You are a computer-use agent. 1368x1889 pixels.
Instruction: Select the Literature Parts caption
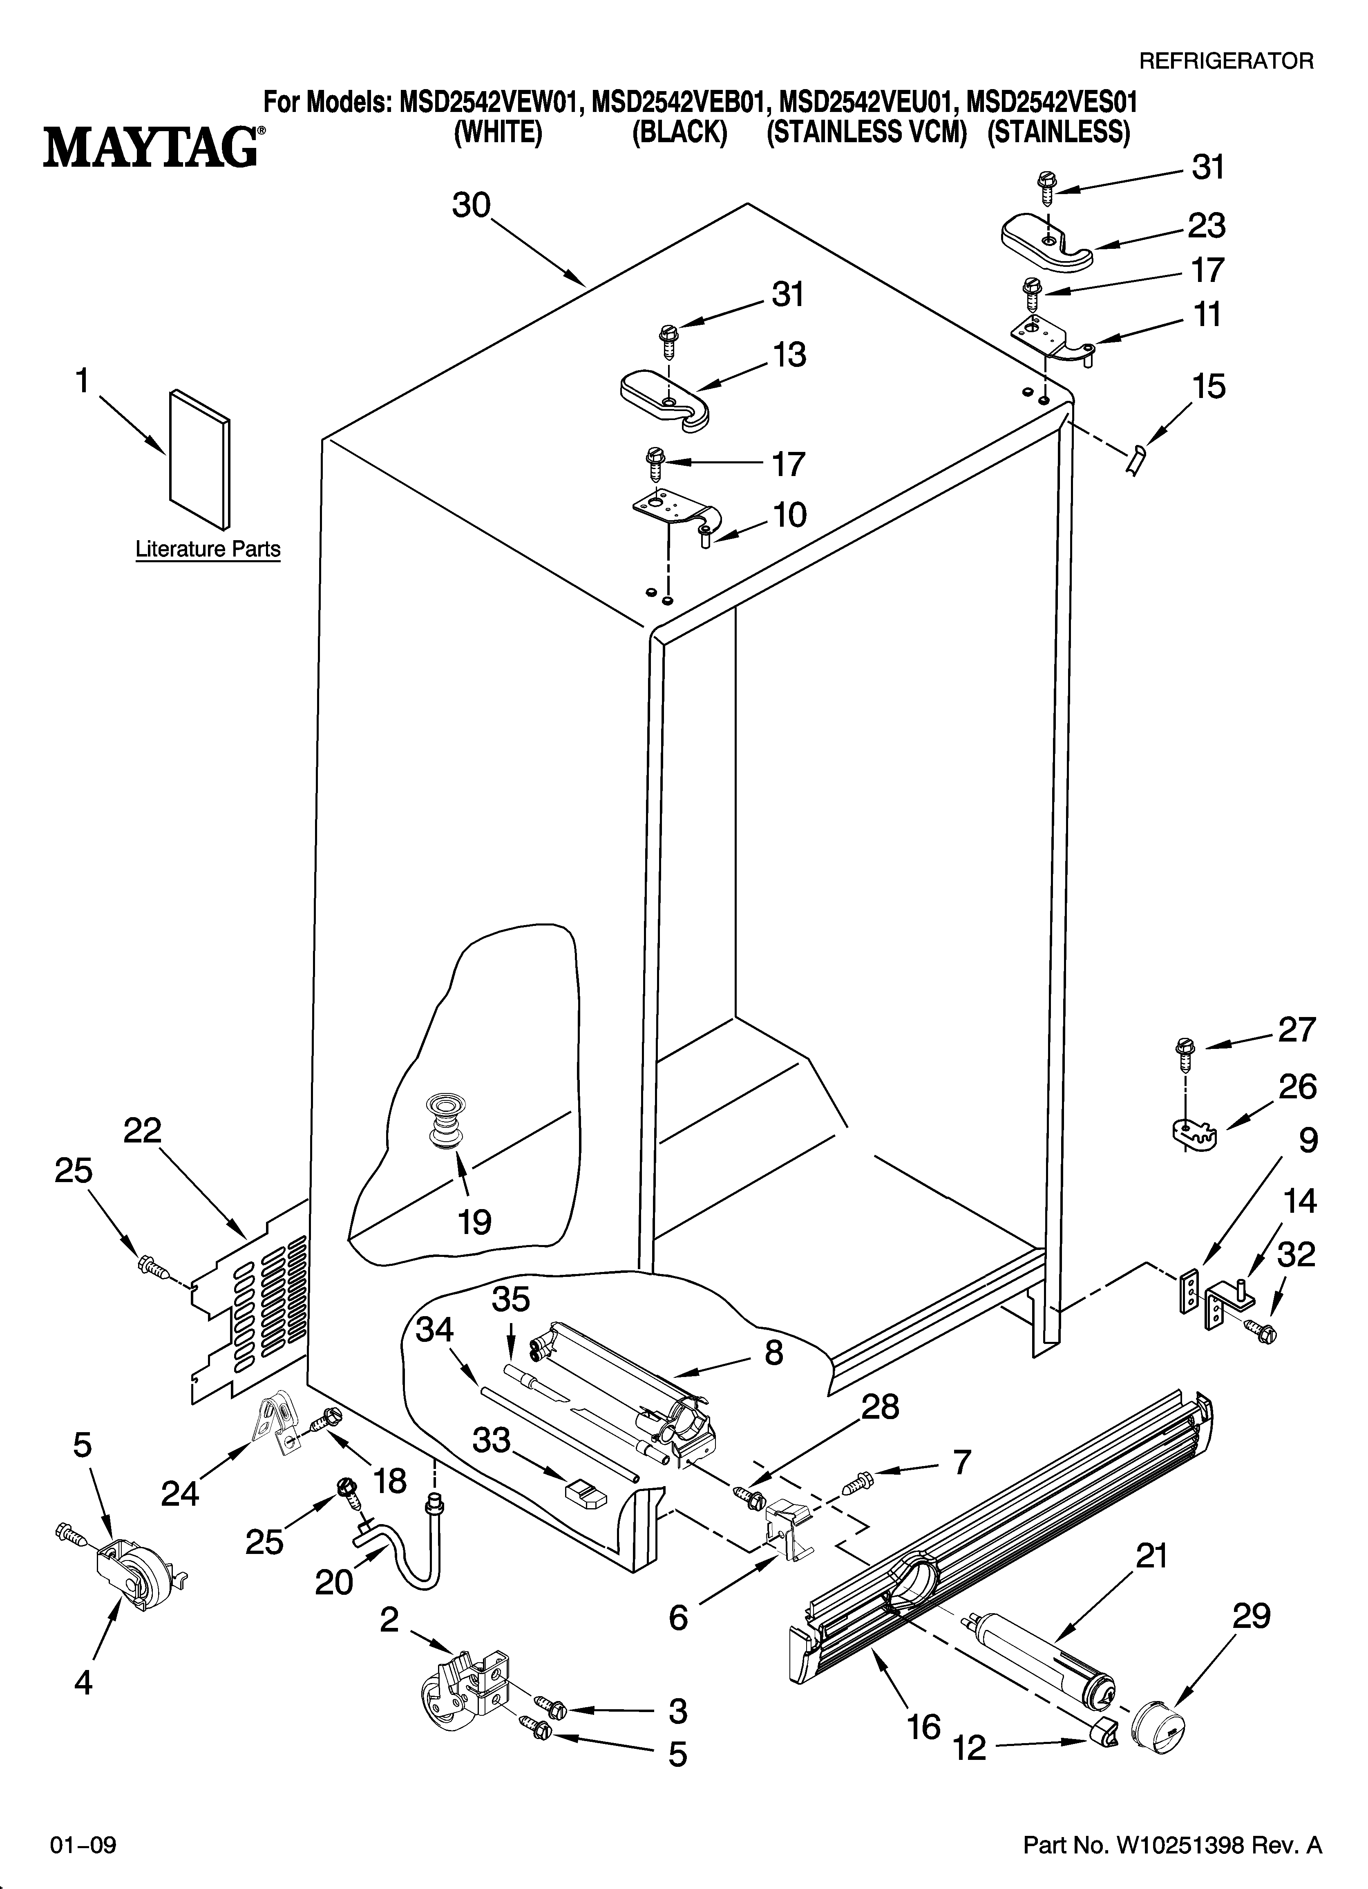pos(208,550)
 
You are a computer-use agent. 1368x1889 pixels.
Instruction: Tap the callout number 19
pos(474,1222)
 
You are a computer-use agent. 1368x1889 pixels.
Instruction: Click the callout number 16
pos(924,1727)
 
